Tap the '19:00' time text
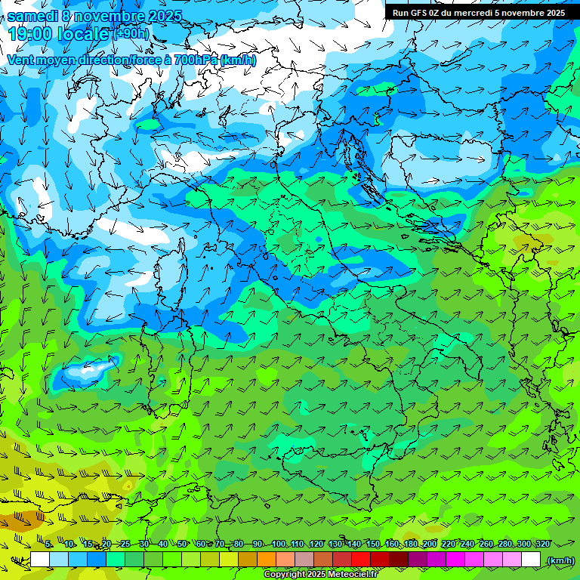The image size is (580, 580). pos(30,34)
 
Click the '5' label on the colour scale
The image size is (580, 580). pos(48,545)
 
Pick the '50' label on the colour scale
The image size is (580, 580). pos(182,545)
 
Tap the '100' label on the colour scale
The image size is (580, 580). pos(278,545)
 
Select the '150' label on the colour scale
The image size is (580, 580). pos(372,545)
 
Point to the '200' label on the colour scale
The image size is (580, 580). pos(430,545)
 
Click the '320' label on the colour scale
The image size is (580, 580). pos(542,545)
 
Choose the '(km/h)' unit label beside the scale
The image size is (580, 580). pos(560,560)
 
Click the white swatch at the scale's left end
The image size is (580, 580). pos(40,560)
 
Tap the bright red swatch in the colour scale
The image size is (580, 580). pos(361,560)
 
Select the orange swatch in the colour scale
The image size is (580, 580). pos(267,560)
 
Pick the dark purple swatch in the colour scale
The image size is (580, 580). pos(418,560)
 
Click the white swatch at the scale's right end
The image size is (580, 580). pos(531,560)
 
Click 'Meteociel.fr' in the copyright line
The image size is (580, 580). pos(358,575)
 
